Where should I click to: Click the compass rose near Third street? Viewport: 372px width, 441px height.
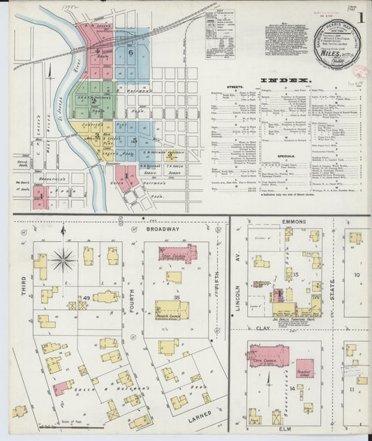coord(63,260)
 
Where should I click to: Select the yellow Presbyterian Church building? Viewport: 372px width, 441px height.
coord(172,309)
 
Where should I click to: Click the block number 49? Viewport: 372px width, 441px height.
coord(87,298)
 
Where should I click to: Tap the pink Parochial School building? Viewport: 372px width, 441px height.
coord(305,368)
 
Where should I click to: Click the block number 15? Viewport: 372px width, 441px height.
coord(295,275)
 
